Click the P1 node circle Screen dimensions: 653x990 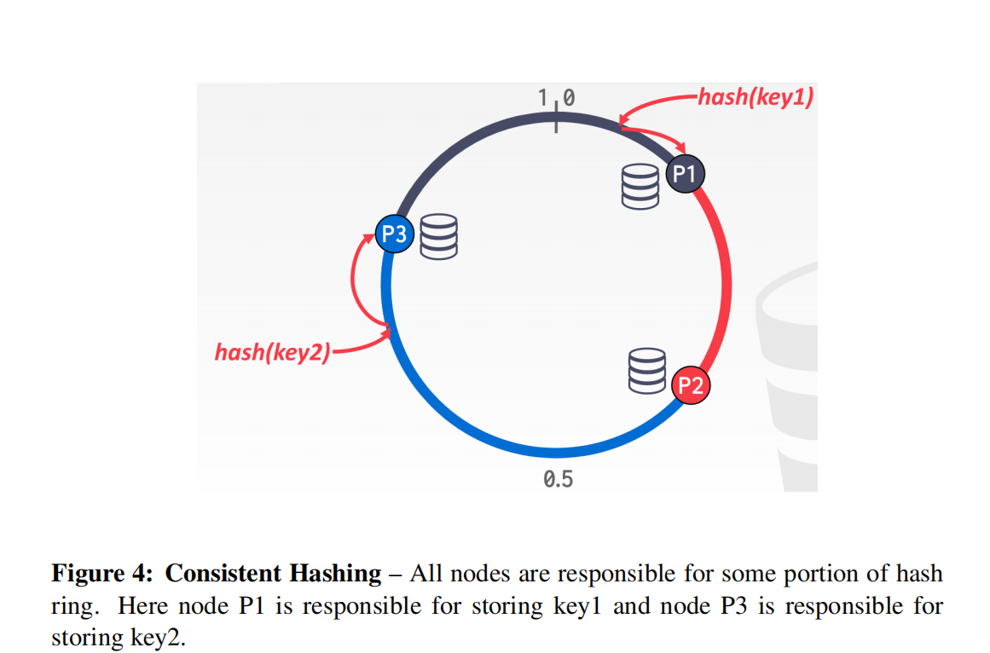[x=685, y=175]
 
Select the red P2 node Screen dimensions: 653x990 [x=690, y=385]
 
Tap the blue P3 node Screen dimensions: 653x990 [x=395, y=234]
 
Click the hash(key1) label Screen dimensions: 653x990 [x=756, y=96]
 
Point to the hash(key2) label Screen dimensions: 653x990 [x=272, y=351]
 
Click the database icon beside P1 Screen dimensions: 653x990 [x=640, y=187]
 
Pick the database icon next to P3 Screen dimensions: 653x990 [x=439, y=236]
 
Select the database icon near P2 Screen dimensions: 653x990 [x=646, y=371]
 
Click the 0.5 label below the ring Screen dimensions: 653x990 [x=558, y=479]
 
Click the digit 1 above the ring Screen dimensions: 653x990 [x=543, y=98]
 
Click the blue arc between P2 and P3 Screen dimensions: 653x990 [x=512, y=440]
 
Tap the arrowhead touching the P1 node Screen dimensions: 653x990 [x=679, y=147]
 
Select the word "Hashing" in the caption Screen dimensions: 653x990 [x=336, y=574]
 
